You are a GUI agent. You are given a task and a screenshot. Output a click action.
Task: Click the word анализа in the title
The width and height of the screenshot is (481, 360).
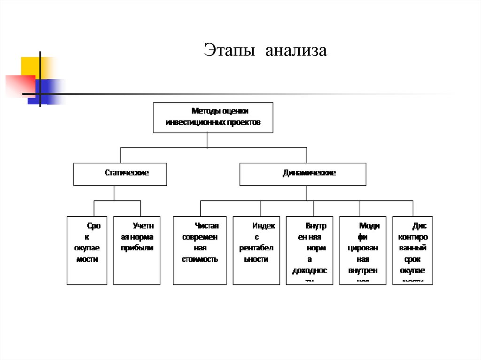click(x=295, y=51)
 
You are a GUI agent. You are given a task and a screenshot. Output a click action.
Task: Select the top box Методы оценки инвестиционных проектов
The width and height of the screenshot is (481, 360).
click(x=213, y=117)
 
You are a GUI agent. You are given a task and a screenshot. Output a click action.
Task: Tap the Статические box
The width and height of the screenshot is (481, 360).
click(x=120, y=174)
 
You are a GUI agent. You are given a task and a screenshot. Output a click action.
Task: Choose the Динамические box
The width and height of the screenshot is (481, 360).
click(x=303, y=174)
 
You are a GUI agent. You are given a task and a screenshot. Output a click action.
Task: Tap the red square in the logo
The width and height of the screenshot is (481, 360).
click(x=19, y=85)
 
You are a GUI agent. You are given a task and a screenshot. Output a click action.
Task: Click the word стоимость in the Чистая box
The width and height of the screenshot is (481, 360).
click(x=200, y=259)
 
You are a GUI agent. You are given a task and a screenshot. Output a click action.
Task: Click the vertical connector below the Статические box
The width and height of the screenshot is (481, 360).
click(x=114, y=193)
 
